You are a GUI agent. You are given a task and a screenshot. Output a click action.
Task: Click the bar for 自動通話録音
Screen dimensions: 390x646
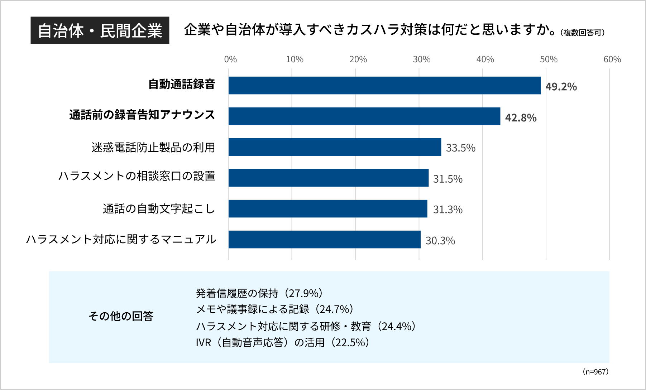[x=384, y=85]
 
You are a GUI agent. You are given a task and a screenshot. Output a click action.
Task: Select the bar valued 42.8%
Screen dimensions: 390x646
[x=364, y=116]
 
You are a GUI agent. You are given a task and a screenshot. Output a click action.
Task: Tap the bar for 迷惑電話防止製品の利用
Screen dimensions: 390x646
[x=335, y=147]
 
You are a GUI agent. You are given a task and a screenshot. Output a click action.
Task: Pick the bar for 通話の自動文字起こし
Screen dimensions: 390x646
[x=328, y=208]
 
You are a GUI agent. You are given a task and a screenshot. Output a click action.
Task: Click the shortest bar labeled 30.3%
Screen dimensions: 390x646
[x=324, y=239]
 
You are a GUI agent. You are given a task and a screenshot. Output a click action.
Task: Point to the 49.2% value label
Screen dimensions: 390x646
[x=561, y=87]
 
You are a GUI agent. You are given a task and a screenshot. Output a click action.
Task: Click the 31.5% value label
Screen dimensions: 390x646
[x=448, y=179]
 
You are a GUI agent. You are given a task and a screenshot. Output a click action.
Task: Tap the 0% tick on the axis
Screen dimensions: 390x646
[x=230, y=59]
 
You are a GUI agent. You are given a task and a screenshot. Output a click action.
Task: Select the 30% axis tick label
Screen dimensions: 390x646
[x=421, y=59]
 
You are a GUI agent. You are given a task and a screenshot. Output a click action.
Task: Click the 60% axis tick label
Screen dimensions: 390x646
[x=612, y=59]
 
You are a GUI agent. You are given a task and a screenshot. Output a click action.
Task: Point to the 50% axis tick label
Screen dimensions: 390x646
[x=549, y=59]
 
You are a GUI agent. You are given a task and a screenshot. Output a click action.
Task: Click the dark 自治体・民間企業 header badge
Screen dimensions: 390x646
[x=100, y=30]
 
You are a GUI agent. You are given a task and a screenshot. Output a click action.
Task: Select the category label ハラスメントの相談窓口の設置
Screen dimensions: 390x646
[x=137, y=176]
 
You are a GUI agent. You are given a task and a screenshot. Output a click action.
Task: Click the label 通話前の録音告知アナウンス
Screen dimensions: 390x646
[x=142, y=115]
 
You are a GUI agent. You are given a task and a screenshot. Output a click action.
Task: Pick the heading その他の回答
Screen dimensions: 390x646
[x=121, y=316]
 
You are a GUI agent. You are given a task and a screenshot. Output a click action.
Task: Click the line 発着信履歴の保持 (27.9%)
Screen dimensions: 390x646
[x=260, y=293]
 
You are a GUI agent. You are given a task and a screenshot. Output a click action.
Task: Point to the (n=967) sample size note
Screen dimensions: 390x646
[x=595, y=372]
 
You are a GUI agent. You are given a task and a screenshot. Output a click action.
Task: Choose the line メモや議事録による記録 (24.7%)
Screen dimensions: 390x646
[x=275, y=309]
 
